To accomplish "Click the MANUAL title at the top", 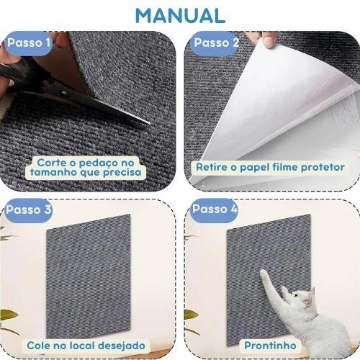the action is pyautogui.click(x=180, y=16).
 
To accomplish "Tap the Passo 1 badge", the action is pyautogui.click(x=28, y=43).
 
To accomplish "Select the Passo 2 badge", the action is pyautogui.click(x=215, y=43).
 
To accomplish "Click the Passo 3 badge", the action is pyautogui.click(x=28, y=210).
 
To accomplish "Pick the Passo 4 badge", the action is pyautogui.click(x=215, y=210).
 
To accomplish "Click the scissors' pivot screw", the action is pyautogui.click(x=64, y=93).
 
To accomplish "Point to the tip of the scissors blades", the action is pyautogui.click(x=149, y=123).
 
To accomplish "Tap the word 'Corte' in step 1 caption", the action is pyautogui.click(x=51, y=163).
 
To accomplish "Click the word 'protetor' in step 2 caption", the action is pyautogui.click(x=323, y=167).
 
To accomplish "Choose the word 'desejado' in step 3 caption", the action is pyautogui.click(x=122, y=346).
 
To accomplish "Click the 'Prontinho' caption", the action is pyautogui.click(x=270, y=346).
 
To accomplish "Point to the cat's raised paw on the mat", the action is pyautogui.click(x=264, y=272).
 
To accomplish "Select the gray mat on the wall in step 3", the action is pyautogui.click(x=89, y=276).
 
